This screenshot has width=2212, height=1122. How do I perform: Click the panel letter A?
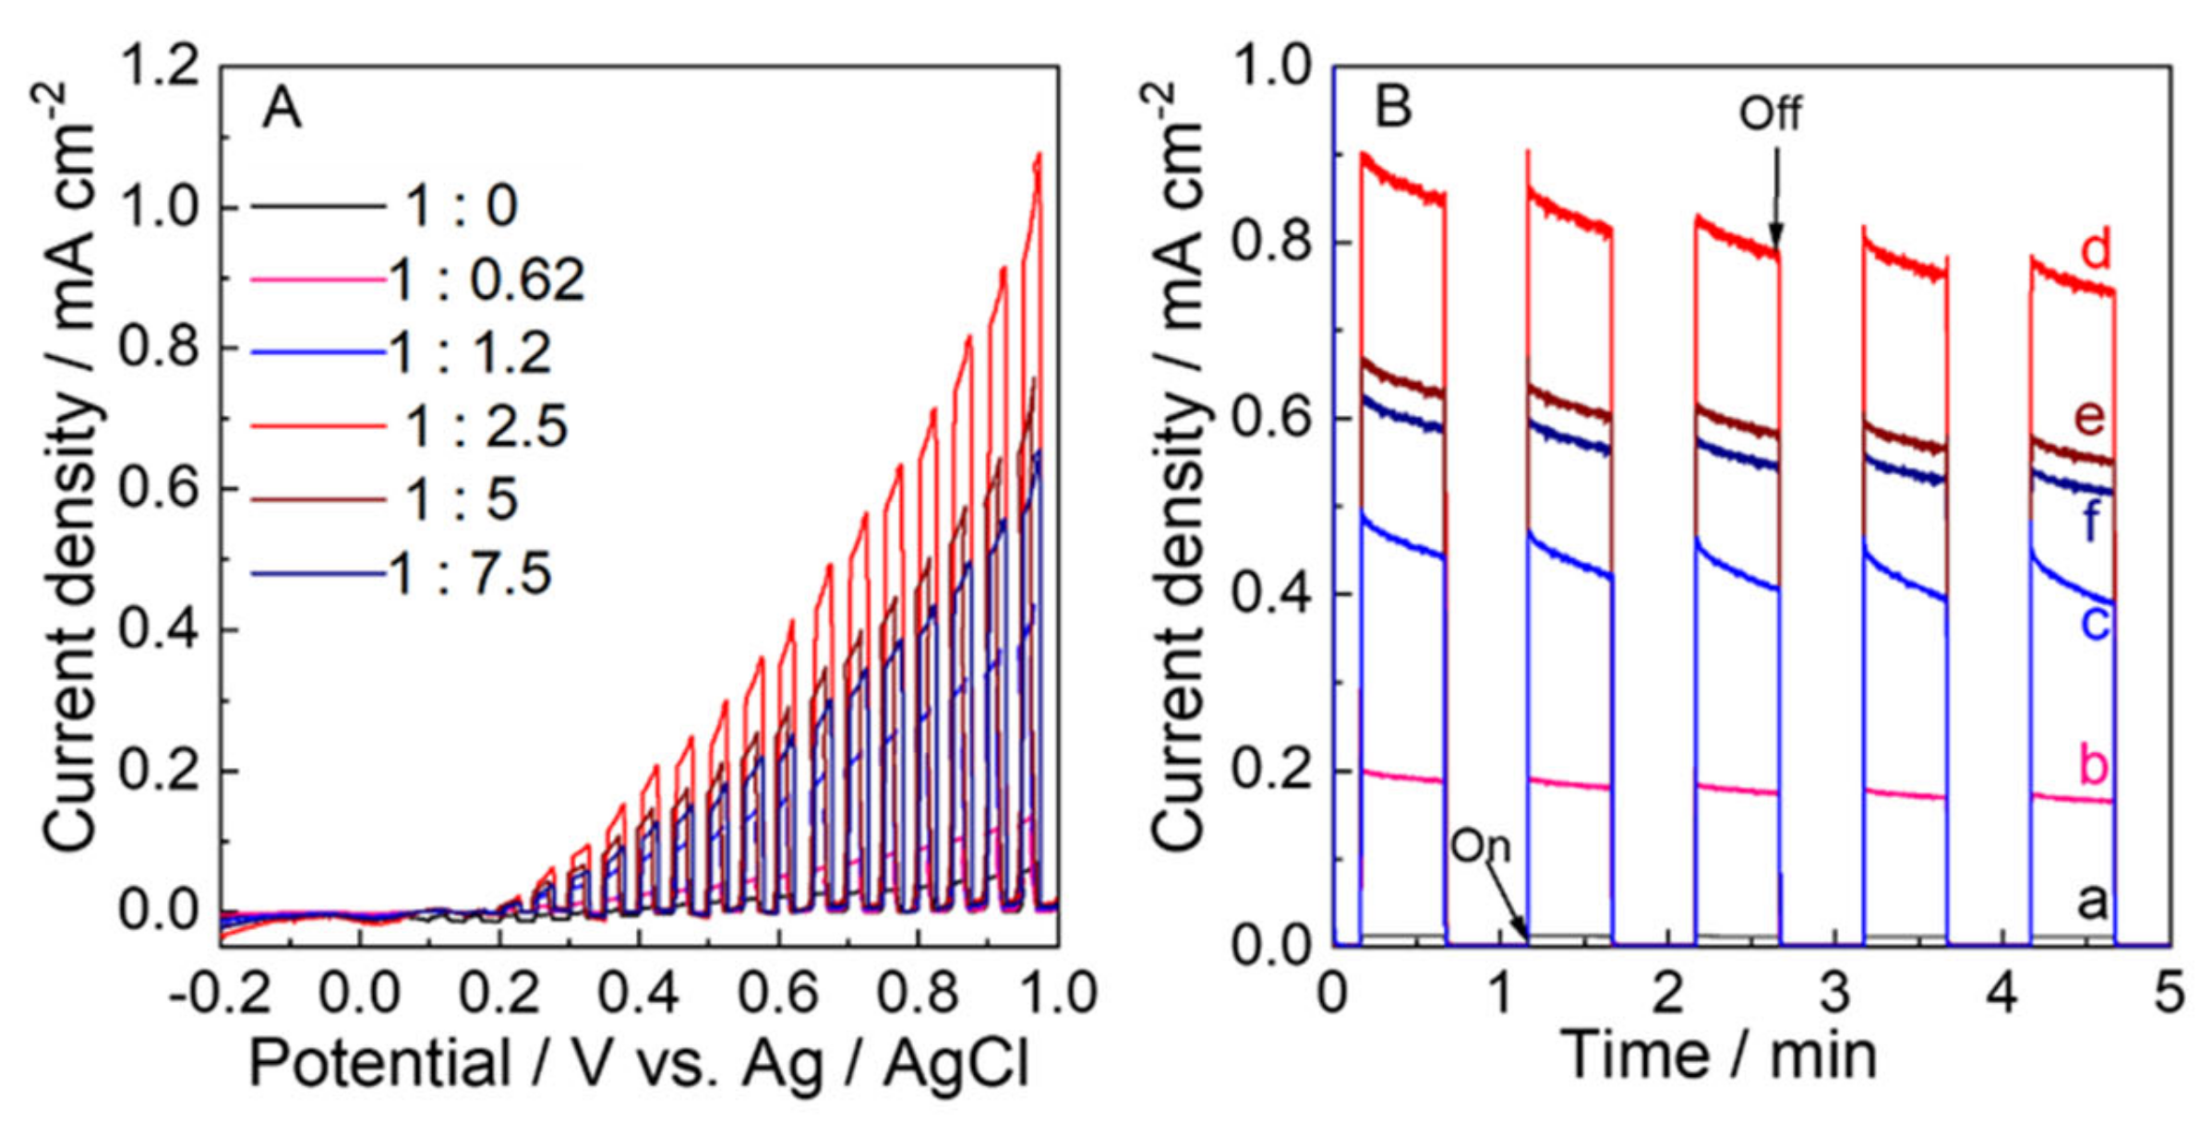(x=282, y=109)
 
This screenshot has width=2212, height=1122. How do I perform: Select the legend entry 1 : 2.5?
(x=487, y=426)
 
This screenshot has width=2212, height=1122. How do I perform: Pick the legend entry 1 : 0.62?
(x=487, y=279)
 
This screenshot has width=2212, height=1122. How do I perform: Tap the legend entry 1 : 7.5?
(x=471, y=573)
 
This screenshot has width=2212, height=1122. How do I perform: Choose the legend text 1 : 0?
(x=462, y=205)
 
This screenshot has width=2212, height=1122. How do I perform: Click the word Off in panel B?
(x=1770, y=113)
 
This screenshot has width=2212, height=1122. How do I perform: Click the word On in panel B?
(x=1480, y=845)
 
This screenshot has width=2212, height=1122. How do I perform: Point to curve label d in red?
(x=2095, y=249)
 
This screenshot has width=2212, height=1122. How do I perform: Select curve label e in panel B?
(x=2090, y=417)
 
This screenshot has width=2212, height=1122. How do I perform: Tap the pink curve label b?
(x=2094, y=764)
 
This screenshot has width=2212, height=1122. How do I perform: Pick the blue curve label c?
(x=2095, y=622)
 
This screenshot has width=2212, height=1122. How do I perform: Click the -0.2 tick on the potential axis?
(x=220, y=994)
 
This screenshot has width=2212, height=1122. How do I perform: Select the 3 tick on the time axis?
(x=1834, y=994)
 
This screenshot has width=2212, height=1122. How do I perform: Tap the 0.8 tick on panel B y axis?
(x=1273, y=242)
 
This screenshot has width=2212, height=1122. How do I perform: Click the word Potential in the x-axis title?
(x=379, y=1063)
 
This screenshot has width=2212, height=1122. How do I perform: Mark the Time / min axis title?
(x=1718, y=1054)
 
